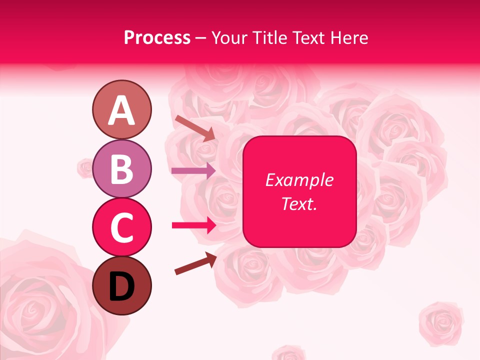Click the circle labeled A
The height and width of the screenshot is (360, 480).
pos(121,110)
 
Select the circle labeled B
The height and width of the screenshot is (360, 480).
pos(121,168)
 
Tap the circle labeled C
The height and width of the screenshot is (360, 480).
pos(121,227)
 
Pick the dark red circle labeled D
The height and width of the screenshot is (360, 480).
pos(121,285)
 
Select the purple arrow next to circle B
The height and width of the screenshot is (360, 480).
pos(193,171)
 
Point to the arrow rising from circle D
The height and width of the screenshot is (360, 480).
pos(195,263)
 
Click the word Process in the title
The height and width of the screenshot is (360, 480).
pos(157,38)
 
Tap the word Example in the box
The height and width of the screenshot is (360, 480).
pos(299,180)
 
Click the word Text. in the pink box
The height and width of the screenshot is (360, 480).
pos(299,204)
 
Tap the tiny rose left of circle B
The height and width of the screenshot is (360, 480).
pos(85,167)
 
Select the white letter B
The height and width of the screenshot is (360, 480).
pos(121,169)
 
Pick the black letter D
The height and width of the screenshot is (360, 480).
pos(121,286)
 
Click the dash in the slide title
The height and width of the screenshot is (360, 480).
pos(200,38)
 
